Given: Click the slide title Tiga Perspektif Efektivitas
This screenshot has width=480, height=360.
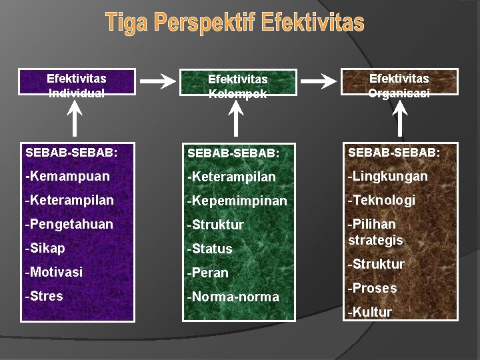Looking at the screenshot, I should coord(235,23).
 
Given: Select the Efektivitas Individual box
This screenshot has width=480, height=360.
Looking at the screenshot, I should coord(77,85).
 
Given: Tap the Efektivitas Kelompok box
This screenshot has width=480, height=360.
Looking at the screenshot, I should coord(237,86).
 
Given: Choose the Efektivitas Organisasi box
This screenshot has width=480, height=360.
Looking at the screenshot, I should coord(399,85).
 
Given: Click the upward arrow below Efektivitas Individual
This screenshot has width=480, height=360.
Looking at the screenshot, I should coord(77,119).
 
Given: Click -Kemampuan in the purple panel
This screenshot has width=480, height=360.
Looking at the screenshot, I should coord(67,177).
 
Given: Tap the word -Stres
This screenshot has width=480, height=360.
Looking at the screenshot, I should coord(44,296).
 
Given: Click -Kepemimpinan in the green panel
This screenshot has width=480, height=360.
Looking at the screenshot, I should coord(237,201).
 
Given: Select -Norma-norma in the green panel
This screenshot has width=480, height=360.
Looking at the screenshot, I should coord(233,297).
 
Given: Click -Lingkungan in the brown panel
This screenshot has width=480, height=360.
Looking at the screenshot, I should coord(387,176).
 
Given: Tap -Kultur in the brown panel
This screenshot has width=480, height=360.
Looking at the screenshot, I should coord(370,312).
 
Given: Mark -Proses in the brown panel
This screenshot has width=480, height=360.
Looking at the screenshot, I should coord(373,288).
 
